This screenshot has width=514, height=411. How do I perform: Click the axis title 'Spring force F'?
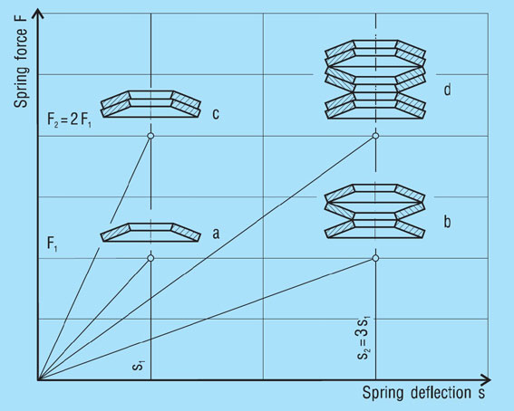(21, 67)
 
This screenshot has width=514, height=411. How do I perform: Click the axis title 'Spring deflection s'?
(423, 392)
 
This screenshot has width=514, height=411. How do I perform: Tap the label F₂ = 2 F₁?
(70, 120)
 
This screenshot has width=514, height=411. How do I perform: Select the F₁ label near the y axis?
(53, 244)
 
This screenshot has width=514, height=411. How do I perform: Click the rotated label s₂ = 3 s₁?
(364, 338)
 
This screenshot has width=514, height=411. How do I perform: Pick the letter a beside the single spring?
(216, 234)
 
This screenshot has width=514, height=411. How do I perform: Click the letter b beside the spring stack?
(447, 222)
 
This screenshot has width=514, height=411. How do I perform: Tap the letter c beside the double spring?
(216, 114)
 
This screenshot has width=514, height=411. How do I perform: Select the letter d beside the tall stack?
(447, 89)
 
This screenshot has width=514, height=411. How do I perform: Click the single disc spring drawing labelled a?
(150, 233)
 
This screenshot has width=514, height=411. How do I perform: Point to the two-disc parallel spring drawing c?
(150, 104)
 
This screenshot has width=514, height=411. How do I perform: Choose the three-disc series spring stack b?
(375, 211)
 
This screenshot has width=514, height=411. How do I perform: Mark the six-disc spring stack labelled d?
(375, 80)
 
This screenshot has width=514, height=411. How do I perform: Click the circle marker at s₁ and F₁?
(150, 258)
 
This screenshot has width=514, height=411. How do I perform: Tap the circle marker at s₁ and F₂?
(150, 136)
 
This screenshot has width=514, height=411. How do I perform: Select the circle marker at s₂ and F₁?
(375, 258)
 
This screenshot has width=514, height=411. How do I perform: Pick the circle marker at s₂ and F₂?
(375, 136)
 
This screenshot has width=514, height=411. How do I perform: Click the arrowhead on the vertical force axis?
(39, 13)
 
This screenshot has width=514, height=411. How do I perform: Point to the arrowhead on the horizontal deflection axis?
(485, 380)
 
